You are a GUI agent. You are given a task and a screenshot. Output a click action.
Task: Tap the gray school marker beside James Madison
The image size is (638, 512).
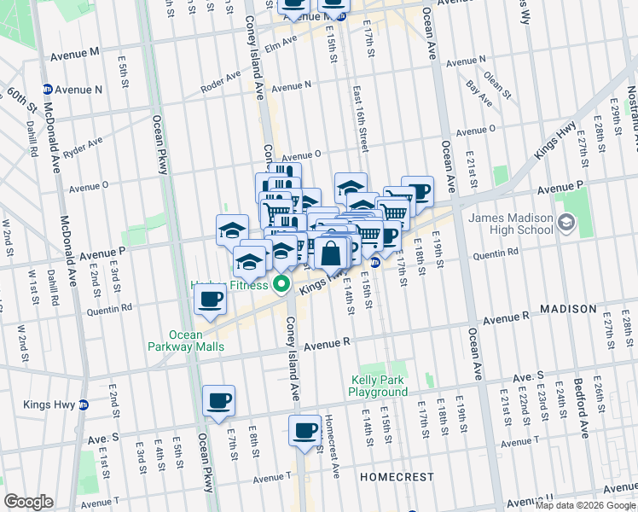click(x=565, y=224)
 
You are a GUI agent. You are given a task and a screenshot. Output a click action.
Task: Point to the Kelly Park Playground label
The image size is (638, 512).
click(x=378, y=386)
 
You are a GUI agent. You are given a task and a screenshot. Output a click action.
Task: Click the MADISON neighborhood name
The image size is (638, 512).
click(x=566, y=308)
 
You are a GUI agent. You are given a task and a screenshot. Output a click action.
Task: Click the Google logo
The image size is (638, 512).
click(x=28, y=502)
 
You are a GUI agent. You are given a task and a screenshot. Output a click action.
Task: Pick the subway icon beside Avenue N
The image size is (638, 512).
click(x=48, y=89)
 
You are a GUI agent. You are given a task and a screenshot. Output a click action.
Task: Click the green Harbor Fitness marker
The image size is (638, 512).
click(x=279, y=286)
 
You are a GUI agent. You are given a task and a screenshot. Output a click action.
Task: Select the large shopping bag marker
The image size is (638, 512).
click(x=331, y=253)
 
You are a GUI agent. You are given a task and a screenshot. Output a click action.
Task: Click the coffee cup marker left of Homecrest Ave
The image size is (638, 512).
click(x=304, y=431)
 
